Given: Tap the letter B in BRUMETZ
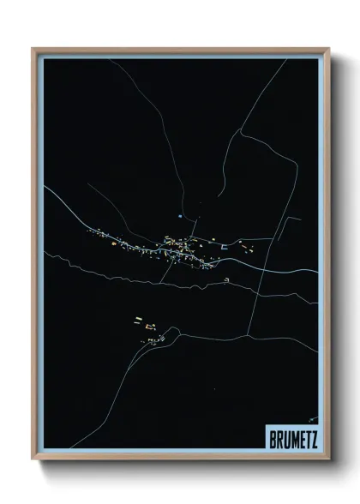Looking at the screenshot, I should [x=271, y=437].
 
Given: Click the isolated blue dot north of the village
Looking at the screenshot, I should [x=179, y=216].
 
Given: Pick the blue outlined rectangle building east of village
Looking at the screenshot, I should [x=225, y=247].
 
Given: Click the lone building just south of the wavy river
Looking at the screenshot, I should [x=226, y=280].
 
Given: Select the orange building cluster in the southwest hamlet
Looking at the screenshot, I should [x=142, y=324].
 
